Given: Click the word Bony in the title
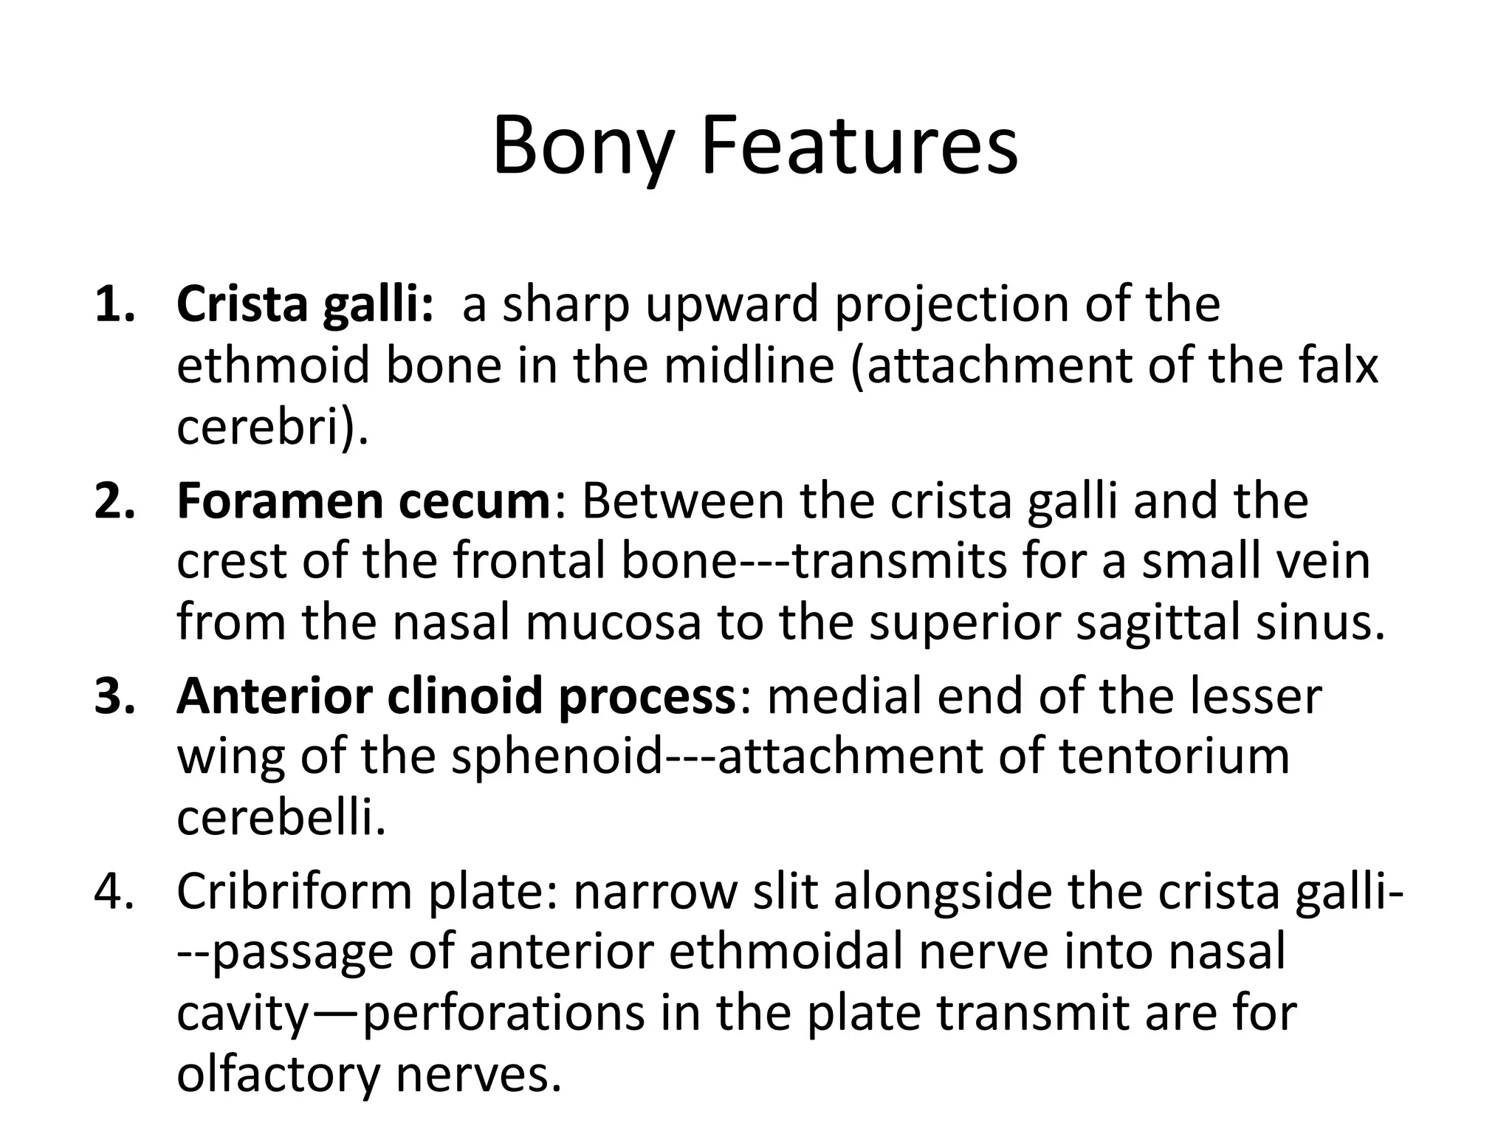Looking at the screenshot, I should click(x=583, y=148).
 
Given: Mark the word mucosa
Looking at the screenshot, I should click(x=612, y=622).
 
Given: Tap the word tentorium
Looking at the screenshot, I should click(x=1174, y=757).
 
